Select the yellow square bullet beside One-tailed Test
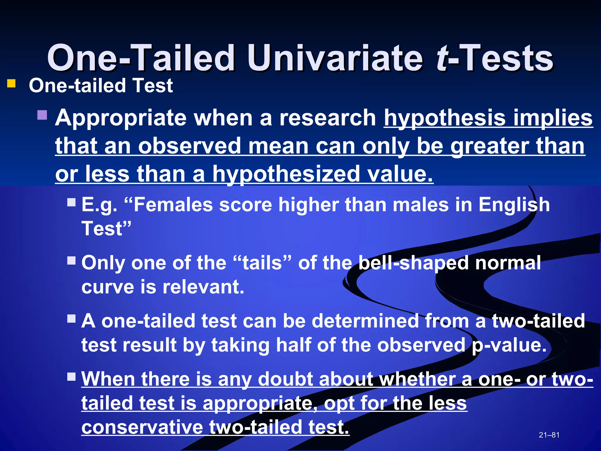11,84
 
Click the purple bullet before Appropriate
42,115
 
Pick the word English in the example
514,205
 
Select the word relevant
203,287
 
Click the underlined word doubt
285,379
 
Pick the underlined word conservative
142,427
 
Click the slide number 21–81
549,435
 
